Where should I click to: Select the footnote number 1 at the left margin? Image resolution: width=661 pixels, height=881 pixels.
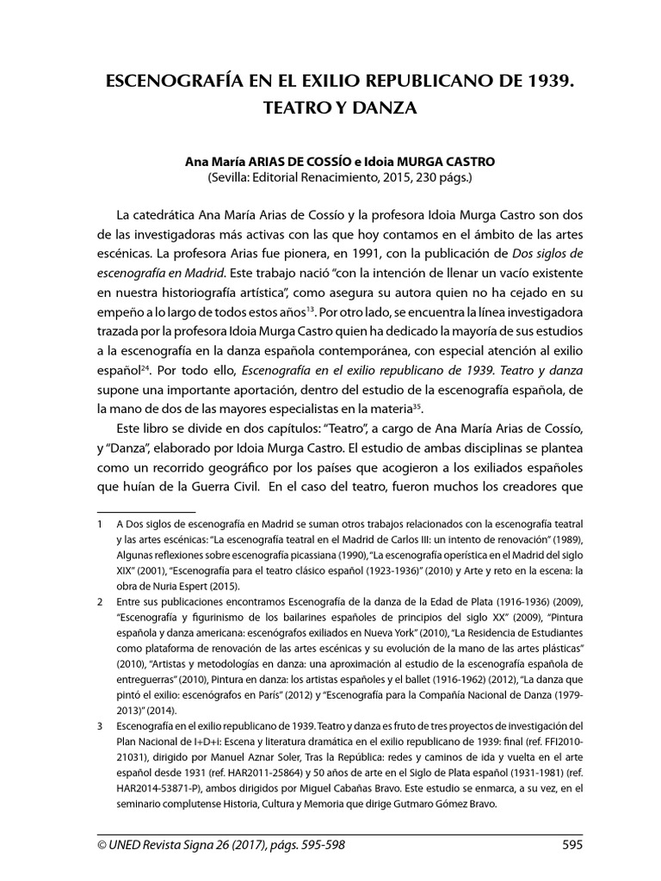[x=101, y=523]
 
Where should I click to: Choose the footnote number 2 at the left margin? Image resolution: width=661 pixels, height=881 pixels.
[x=101, y=605]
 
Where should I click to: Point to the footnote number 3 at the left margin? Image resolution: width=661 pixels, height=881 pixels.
[x=101, y=726]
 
